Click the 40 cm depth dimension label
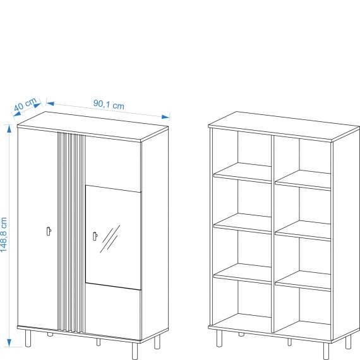click(x=25, y=104)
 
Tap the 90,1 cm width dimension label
click(x=109, y=105)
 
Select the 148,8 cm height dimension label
click(x=4, y=235)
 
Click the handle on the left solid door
click(x=49, y=231)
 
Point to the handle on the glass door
click(x=95, y=236)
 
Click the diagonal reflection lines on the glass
click(x=110, y=239)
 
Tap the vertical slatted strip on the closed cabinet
click(x=71, y=232)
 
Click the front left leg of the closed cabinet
click(x=28, y=339)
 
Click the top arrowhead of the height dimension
click(x=9, y=129)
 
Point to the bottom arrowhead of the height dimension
click(x=9, y=343)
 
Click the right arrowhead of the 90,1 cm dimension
click(x=165, y=117)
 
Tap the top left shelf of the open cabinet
click(x=243, y=172)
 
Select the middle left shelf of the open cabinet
click(x=243, y=223)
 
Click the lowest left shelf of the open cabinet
click(x=243, y=273)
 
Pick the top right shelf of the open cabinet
click(x=303, y=180)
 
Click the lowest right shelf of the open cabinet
click(x=303, y=281)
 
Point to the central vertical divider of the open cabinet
click(x=273, y=234)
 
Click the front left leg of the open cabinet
click(x=219, y=339)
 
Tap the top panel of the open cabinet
click(x=284, y=126)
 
